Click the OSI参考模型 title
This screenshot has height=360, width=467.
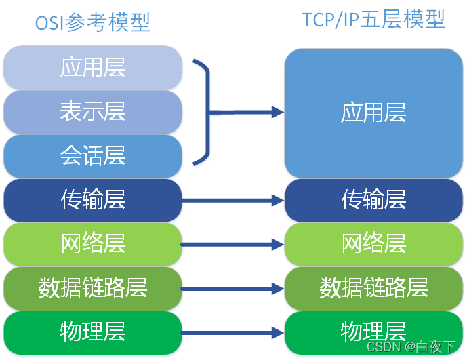93,22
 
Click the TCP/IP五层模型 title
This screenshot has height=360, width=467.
373,20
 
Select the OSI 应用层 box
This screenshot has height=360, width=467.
93,68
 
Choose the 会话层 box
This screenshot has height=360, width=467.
93,156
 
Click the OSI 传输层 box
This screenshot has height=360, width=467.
93,200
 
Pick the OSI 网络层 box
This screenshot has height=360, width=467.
93,244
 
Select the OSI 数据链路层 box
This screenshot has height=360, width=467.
93,288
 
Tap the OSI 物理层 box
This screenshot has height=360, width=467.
93,332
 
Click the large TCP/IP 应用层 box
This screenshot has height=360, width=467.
373,113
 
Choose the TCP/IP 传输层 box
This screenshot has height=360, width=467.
373,200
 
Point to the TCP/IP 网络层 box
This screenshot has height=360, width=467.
373,244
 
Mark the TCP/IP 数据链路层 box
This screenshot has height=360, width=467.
373,288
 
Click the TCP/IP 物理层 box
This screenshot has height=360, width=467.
373,332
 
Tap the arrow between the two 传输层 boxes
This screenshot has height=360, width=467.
232,200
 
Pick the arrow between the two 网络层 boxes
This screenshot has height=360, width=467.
232,244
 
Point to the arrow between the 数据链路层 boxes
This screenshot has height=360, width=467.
232,289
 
